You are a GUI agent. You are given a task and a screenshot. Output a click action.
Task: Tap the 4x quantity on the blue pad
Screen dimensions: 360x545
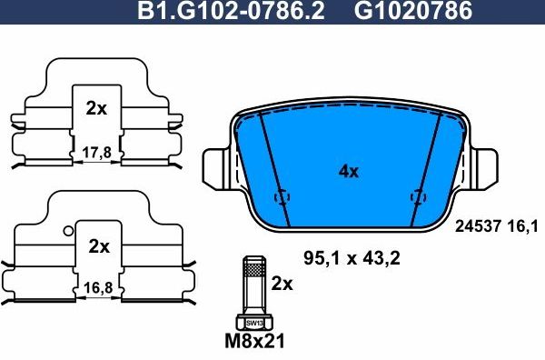click(349, 171)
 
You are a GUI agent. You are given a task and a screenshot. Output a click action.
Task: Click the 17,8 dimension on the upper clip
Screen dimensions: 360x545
click(96, 153)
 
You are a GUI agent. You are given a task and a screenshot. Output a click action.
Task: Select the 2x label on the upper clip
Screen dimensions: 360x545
click(96, 108)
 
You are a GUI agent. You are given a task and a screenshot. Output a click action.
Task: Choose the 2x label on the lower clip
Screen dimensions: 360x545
click(98, 246)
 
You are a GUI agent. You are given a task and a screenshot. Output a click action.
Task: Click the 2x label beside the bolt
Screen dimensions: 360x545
click(283, 284)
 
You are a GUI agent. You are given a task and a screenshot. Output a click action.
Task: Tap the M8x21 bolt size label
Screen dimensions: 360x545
click(253, 344)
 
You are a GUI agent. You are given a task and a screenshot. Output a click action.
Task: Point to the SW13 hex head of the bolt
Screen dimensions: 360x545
click(253, 322)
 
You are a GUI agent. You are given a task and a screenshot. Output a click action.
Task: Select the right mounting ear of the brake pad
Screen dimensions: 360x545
click(483, 169)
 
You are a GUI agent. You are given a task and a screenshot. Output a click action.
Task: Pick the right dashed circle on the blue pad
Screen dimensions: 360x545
click(419, 195)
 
